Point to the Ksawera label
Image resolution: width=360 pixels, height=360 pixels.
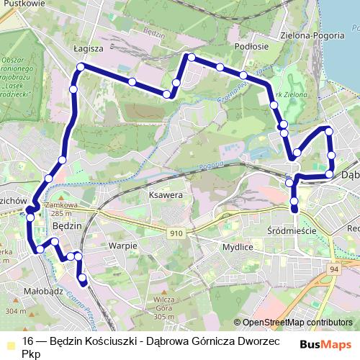(163, 195)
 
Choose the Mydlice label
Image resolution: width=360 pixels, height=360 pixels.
(238, 246)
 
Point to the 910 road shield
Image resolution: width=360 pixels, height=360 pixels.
(176, 233)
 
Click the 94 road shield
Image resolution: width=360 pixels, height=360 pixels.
(333, 268)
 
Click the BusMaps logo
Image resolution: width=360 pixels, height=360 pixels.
(325, 345)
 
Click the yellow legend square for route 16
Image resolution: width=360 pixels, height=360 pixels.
(10, 341)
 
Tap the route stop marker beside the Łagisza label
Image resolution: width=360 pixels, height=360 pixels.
(81, 67)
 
